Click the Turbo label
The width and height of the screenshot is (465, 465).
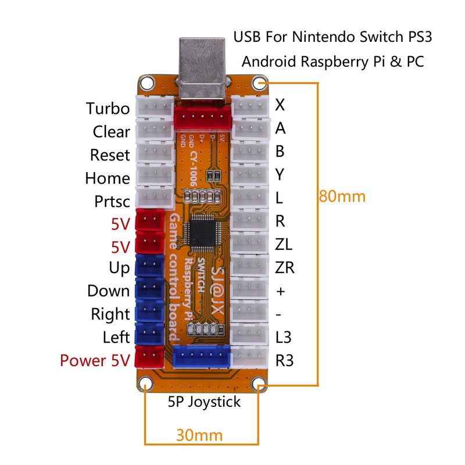tap(108, 108)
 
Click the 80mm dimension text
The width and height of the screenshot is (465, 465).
tap(342, 196)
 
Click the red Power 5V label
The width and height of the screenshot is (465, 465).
tap(95, 360)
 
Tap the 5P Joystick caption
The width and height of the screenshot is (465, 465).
tap(203, 401)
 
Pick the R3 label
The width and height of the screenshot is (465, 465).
tap(284, 360)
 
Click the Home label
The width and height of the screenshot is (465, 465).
tap(107, 178)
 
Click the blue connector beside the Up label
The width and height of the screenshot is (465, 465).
tap(149, 266)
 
